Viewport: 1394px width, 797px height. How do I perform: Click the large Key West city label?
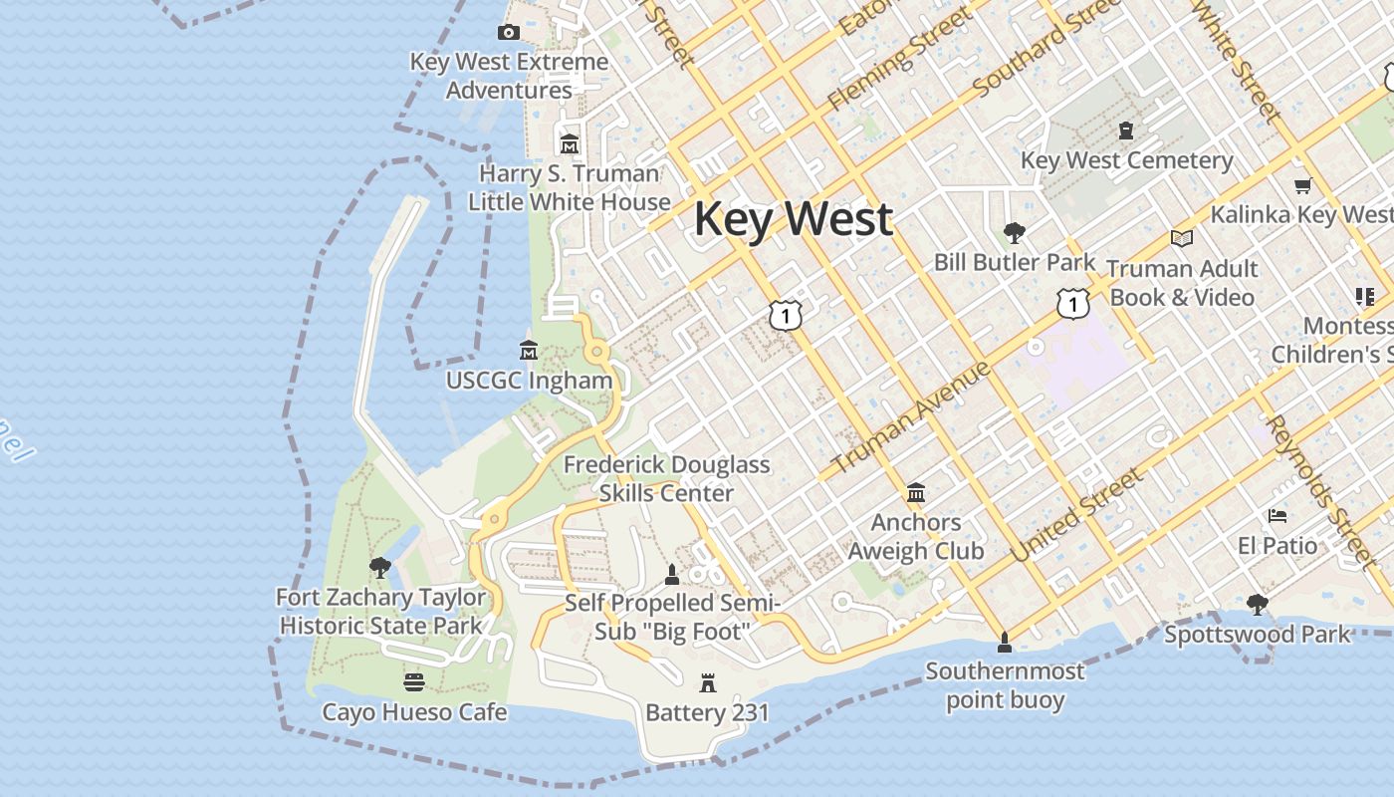tap(793, 218)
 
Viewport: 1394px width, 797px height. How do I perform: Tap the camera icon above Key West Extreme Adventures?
tap(509, 32)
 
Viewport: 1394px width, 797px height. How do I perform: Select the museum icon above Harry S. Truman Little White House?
tap(570, 144)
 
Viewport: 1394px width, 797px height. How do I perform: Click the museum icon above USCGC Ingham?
tap(529, 351)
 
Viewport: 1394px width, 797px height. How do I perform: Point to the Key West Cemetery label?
tap(1126, 160)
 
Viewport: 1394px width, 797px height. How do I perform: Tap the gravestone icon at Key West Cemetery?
tap(1126, 131)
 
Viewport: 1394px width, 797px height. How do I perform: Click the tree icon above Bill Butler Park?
tap(1015, 233)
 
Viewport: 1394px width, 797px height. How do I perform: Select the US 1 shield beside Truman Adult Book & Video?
tap(1072, 303)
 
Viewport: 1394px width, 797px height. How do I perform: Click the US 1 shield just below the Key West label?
tap(786, 315)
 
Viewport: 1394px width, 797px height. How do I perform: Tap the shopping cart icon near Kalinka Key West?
tap(1301, 185)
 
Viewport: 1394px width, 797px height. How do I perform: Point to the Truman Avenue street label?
tap(910, 417)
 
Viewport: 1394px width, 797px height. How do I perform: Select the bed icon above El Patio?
tap(1278, 516)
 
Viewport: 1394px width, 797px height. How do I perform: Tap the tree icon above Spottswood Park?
tap(1258, 604)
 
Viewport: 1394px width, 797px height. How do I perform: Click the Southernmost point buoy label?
tap(1005, 685)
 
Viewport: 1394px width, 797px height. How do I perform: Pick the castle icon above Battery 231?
tap(708, 683)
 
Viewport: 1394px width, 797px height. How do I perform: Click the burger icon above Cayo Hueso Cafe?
tap(414, 682)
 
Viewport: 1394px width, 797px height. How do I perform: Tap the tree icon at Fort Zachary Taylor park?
tap(379, 568)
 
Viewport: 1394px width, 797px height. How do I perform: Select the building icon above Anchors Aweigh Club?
tap(915, 493)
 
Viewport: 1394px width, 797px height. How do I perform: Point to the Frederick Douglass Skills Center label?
tap(666, 478)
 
